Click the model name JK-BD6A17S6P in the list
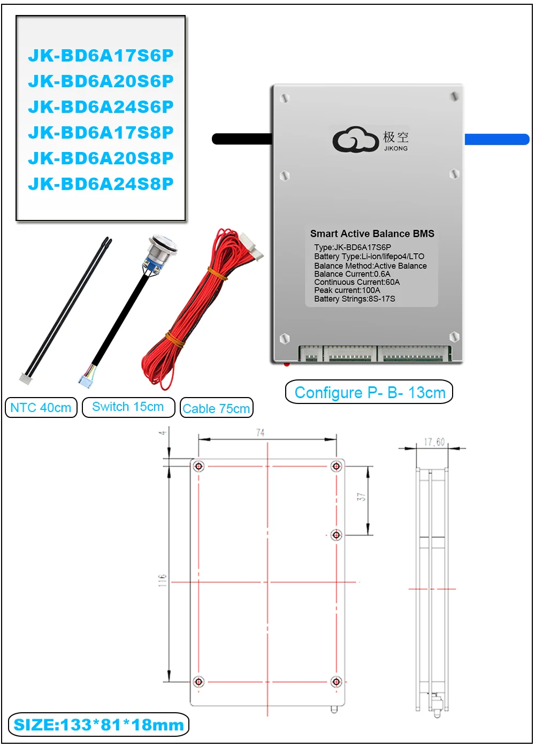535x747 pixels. [x=101, y=56]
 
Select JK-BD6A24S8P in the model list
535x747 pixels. [x=101, y=184]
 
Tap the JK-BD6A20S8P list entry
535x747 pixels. [x=101, y=158]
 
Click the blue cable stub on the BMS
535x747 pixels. [x=496, y=139]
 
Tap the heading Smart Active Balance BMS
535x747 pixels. [x=372, y=234]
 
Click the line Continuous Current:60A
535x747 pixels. [x=357, y=282]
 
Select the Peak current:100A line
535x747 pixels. [x=347, y=290]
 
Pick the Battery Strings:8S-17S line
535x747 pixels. [x=355, y=299]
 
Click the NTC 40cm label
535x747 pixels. [x=41, y=408]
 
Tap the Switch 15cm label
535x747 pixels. [x=128, y=407]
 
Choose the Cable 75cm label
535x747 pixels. [x=216, y=409]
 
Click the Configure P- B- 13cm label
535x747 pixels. [x=370, y=393]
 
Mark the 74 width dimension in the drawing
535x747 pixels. [x=260, y=432]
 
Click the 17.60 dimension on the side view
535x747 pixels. [x=434, y=442]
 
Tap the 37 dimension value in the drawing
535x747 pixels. [x=362, y=497]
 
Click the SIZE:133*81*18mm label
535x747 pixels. [x=99, y=725]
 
